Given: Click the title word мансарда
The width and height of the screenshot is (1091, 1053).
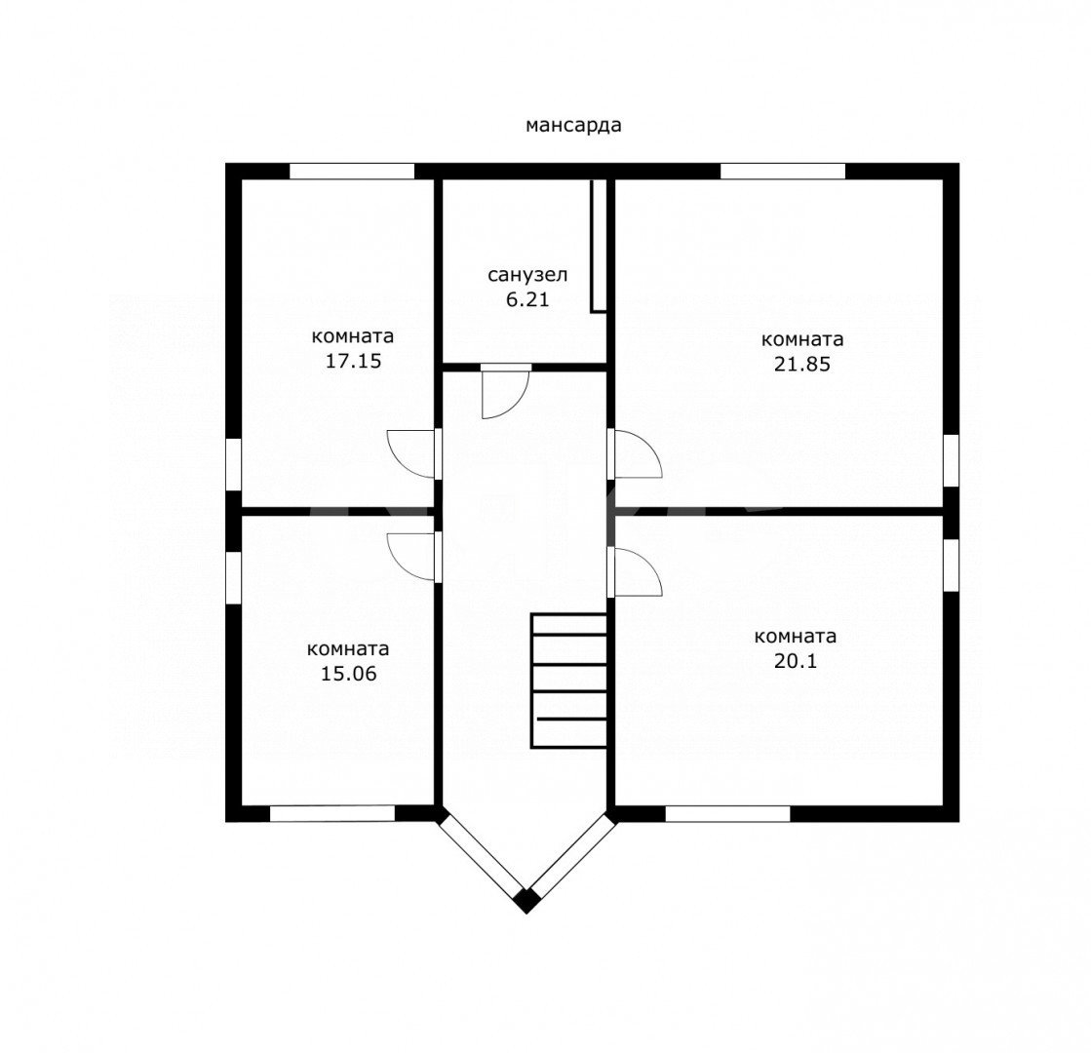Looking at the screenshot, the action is (573, 125).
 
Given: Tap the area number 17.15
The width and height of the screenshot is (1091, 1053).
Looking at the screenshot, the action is (354, 361).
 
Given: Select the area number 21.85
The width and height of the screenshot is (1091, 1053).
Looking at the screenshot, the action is (802, 364).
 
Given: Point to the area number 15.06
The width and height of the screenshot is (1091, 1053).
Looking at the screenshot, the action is (349, 674).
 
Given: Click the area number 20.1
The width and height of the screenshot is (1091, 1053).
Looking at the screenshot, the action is (796, 661).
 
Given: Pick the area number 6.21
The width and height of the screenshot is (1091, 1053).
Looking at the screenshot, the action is (527, 300).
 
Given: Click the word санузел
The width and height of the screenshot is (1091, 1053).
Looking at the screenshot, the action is (527, 275).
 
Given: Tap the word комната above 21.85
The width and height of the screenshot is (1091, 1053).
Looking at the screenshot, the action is (802, 339).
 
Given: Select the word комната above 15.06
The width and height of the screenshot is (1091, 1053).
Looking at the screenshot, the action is (348, 649).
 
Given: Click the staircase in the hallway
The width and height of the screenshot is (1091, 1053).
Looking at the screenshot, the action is (568, 681).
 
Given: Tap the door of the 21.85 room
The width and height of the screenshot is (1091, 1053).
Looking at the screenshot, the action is (635, 453).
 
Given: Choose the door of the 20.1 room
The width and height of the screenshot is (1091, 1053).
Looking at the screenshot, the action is (635, 572).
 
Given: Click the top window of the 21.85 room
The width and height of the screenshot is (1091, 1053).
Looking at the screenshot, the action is (783, 172).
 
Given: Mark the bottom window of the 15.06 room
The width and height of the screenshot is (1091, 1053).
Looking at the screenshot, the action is (332, 813).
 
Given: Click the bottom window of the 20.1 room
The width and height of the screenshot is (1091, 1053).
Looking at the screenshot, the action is (727, 813).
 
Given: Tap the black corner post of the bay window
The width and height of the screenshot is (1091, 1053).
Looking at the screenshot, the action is (526, 900).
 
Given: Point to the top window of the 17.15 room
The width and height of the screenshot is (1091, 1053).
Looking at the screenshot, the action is (352, 172).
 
